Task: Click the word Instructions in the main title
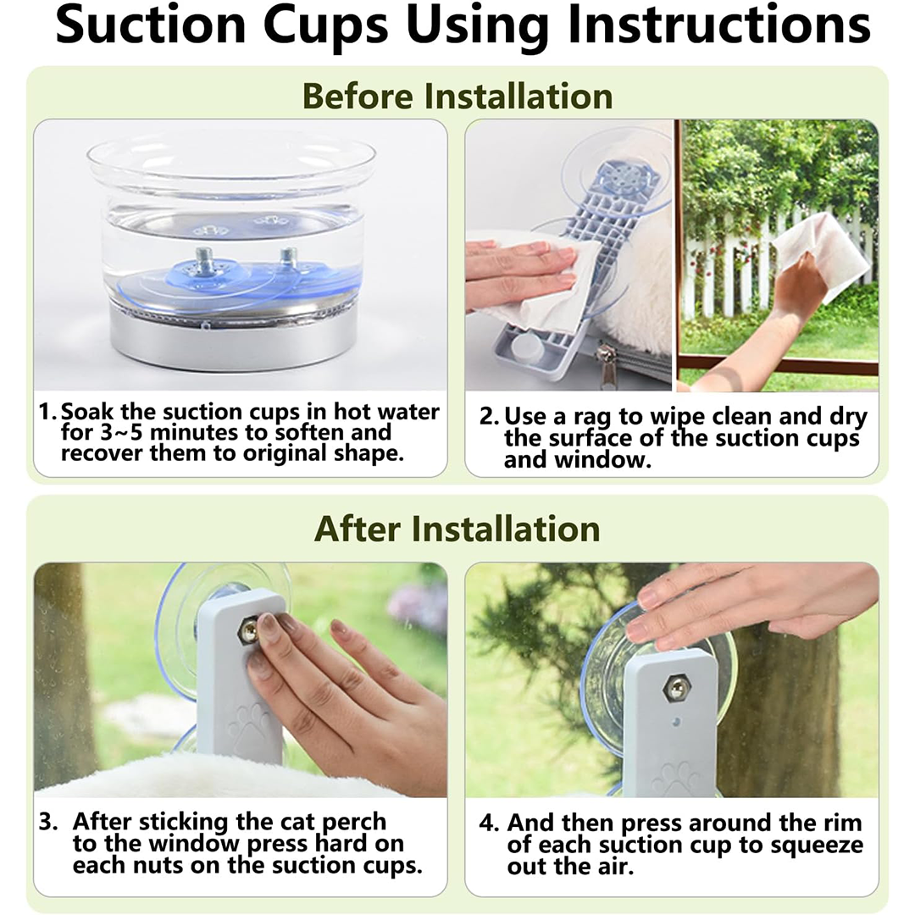(719, 26)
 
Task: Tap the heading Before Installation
(457, 97)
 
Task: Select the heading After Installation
(457, 530)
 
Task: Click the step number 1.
(47, 412)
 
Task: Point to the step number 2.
(489, 417)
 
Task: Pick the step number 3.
(48, 822)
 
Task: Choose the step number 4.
(489, 823)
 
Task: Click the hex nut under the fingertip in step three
(249, 632)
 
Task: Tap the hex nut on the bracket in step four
(676, 690)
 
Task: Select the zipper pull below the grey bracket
(607, 363)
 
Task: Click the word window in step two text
(602, 460)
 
